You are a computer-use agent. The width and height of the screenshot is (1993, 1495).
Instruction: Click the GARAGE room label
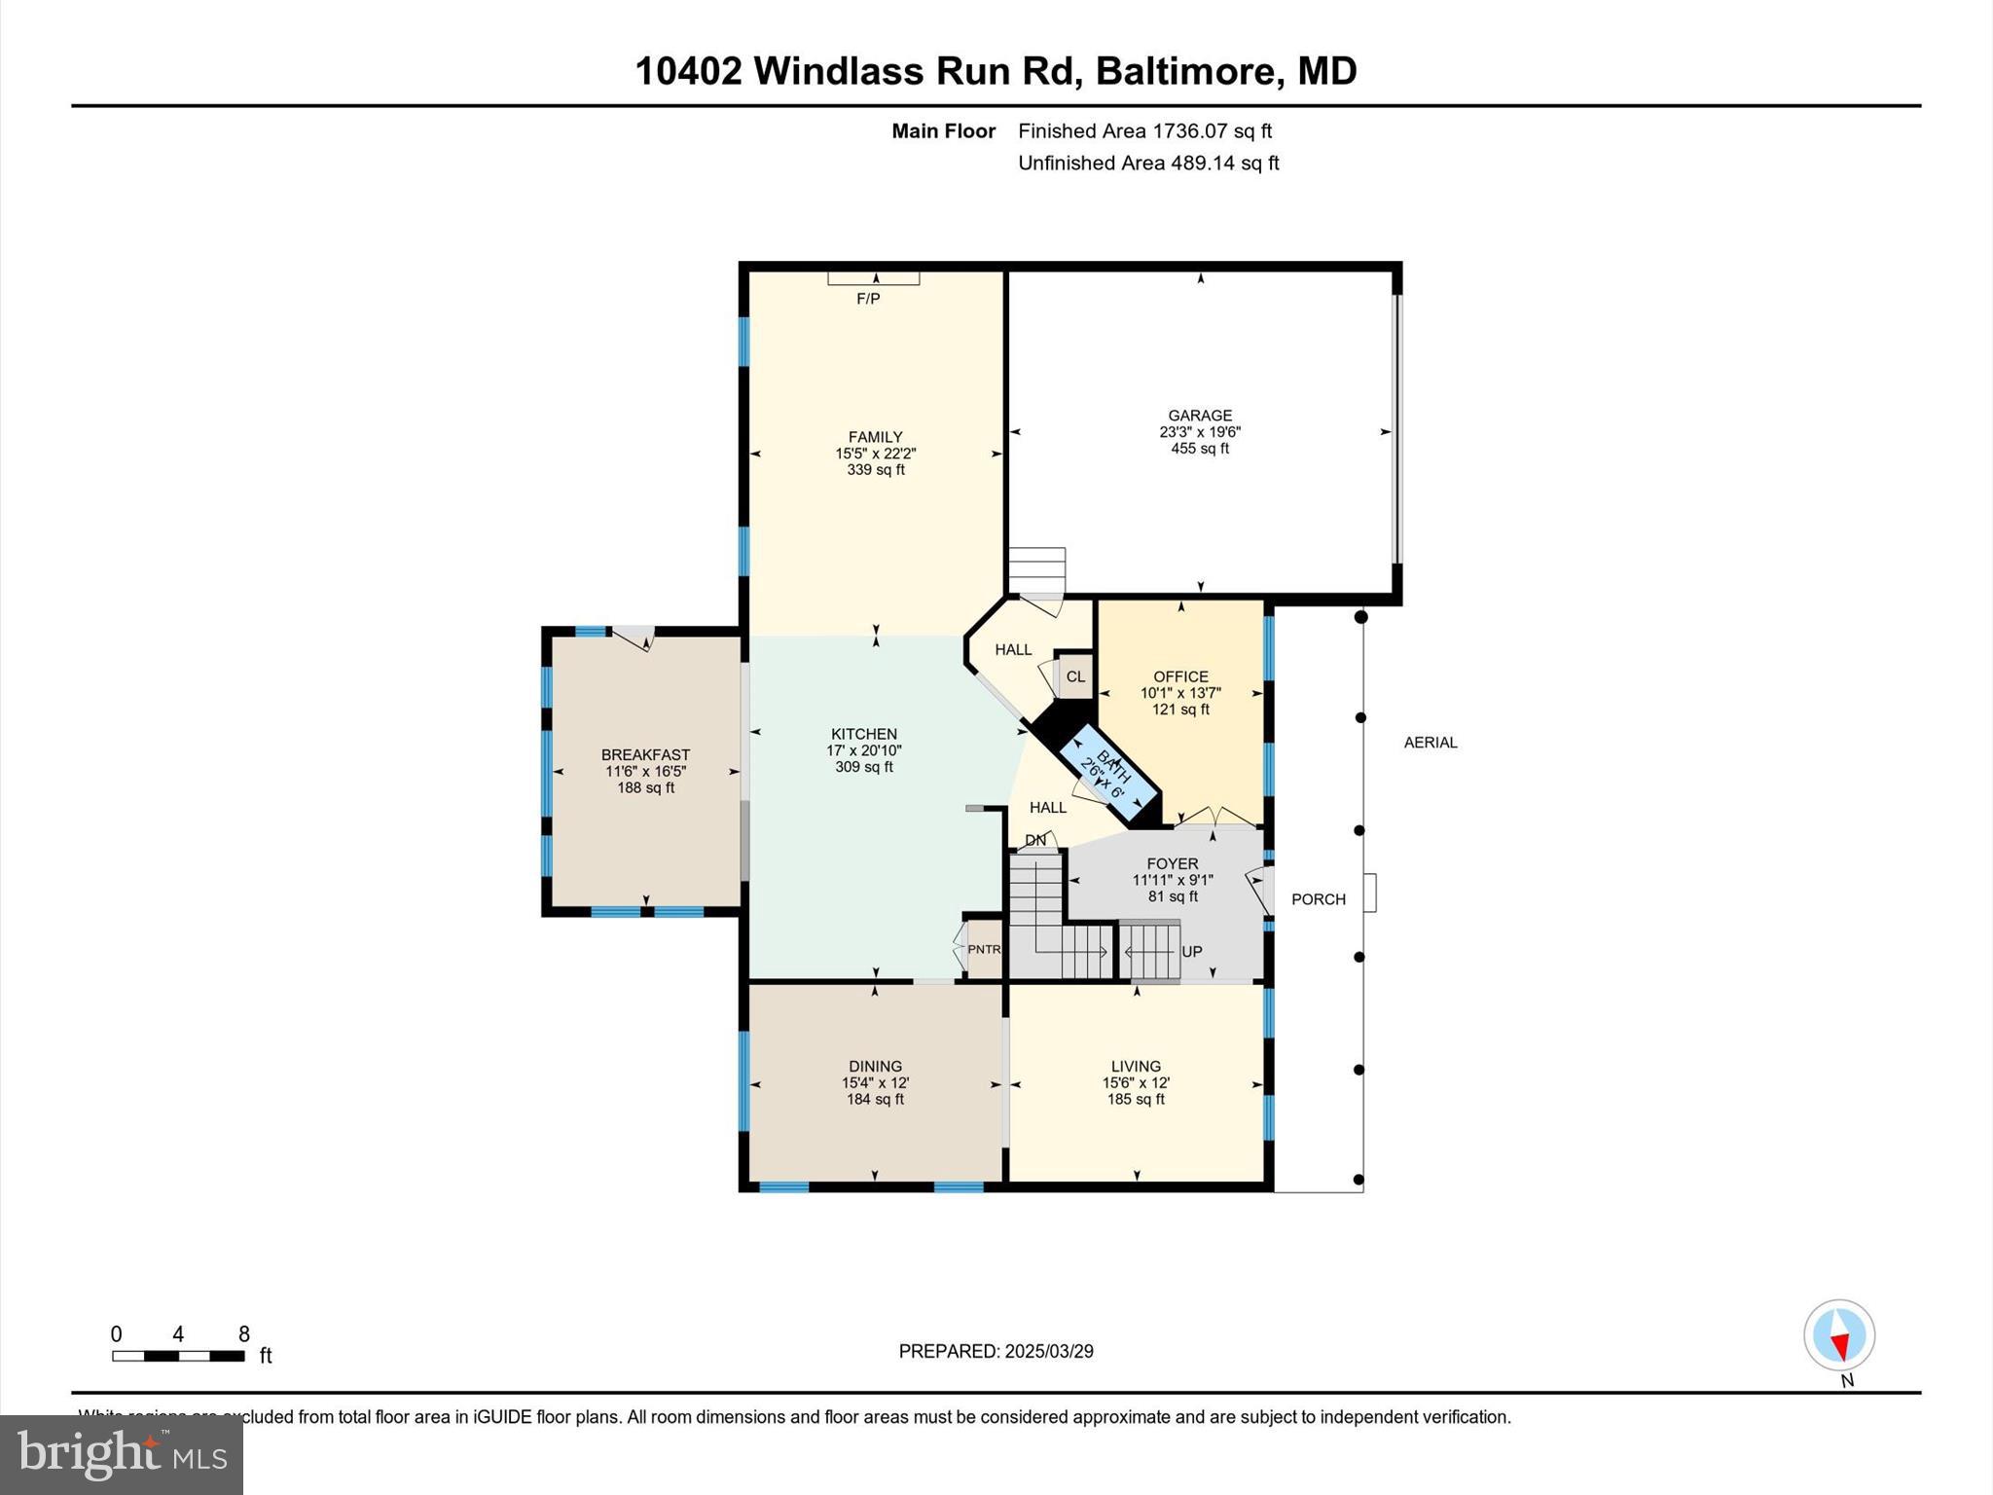pyautogui.click(x=1200, y=416)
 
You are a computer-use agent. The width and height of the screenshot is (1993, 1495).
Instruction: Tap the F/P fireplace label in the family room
pyautogui.click(x=868, y=299)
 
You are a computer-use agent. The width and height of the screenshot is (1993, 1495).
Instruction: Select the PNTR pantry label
pyautogui.click(x=984, y=950)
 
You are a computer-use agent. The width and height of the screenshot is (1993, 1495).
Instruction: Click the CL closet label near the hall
pyautogui.click(x=1075, y=676)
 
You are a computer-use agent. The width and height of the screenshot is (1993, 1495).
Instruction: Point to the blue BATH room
pyautogui.click(x=1110, y=774)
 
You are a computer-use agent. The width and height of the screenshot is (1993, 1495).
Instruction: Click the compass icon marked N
pyautogui.click(x=1839, y=1335)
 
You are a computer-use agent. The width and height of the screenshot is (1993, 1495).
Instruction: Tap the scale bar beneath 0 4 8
pyautogui.click(x=178, y=1356)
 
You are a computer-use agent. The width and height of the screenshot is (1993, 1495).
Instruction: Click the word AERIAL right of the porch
pyautogui.click(x=1431, y=743)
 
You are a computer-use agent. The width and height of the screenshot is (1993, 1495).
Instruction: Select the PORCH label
pyautogui.click(x=1319, y=899)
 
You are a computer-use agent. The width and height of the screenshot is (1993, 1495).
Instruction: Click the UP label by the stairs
pyautogui.click(x=1192, y=951)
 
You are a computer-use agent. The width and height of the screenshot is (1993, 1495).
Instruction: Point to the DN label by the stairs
pyautogui.click(x=1035, y=840)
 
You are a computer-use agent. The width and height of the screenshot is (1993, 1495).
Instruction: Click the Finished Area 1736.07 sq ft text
pyautogui.click(x=1144, y=131)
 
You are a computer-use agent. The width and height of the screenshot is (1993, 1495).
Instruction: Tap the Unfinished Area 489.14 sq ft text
pyautogui.click(x=1148, y=164)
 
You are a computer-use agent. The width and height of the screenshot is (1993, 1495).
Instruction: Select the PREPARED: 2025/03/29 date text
pyautogui.click(x=996, y=1351)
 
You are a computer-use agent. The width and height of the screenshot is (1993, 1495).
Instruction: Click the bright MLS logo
pyautogui.click(x=122, y=1455)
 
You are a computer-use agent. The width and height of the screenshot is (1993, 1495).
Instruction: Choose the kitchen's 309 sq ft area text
pyautogui.click(x=864, y=767)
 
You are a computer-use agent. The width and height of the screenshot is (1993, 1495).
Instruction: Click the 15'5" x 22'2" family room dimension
pyautogui.click(x=876, y=454)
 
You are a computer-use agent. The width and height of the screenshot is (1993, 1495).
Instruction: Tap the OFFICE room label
pyautogui.click(x=1180, y=676)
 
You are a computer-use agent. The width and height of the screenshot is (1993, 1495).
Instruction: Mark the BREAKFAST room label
pyautogui.click(x=645, y=755)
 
